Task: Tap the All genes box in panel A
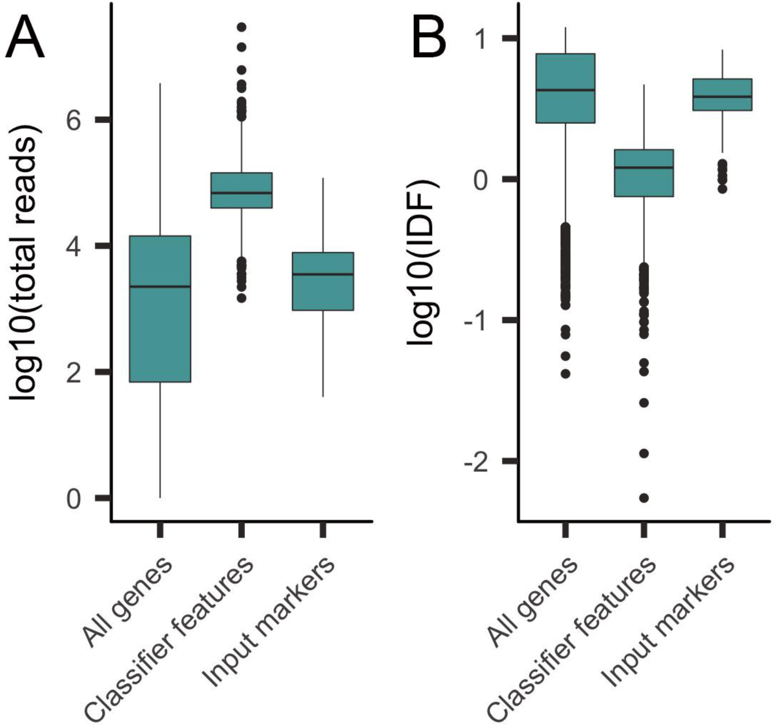tap(160, 332)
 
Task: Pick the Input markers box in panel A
tap(323, 293)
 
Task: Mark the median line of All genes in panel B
tap(565, 90)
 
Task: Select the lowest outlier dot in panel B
tap(644, 498)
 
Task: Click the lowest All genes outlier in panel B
tap(565, 374)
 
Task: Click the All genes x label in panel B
tap(533, 603)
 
